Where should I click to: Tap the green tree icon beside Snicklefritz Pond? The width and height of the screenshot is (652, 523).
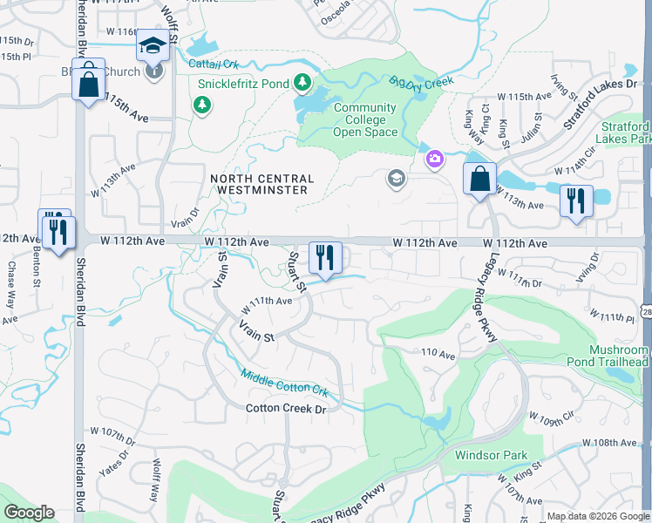[302, 83]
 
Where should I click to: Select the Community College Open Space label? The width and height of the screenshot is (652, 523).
[364, 120]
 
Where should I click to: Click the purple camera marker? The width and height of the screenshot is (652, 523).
[434, 159]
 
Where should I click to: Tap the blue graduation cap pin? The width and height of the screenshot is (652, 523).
[153, 46]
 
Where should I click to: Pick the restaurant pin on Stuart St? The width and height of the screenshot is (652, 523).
[325, 258]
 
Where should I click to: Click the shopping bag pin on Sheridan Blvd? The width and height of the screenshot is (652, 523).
[88, 84]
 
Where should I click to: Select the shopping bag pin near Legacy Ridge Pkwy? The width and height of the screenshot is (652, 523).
[479, 180]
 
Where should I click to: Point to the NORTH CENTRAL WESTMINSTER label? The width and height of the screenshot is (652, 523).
[259, 184]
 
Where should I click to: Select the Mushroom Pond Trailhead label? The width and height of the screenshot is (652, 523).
[619, 356]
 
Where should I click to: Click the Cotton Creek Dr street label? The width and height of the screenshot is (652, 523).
[285, 408]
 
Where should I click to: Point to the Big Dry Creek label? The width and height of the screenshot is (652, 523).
[422, 81]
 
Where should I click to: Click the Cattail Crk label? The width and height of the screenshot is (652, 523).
[212, 64]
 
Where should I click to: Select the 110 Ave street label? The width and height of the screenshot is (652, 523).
[438, 354]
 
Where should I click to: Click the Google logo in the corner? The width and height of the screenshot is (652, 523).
[29, 513]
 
